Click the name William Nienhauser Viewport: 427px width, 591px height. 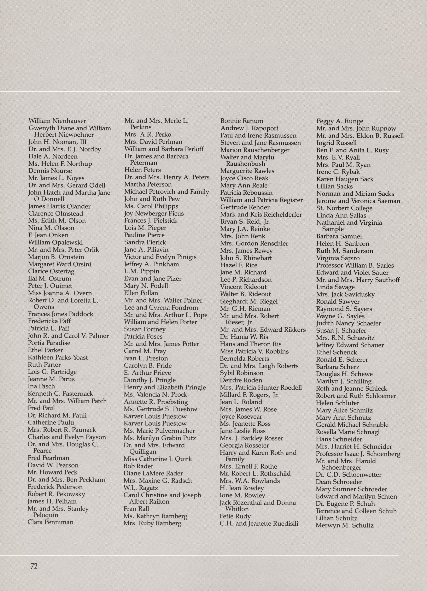pos(57,121)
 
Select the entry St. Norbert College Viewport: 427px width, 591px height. pos(344,208)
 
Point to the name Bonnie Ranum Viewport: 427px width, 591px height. pos(242,121)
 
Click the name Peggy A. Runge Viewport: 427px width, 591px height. pos(339,121)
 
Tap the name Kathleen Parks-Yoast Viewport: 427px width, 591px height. pos(58,357)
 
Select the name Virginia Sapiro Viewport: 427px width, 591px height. pos(338,258)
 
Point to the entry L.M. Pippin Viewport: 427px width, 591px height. pos(142,271)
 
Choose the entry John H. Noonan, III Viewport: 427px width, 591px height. pos(57,142)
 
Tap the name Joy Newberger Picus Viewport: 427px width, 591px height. pos(154,213)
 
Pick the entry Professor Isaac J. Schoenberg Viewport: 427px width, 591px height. pos(358,454)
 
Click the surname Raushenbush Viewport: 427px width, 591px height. pos(245,164)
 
